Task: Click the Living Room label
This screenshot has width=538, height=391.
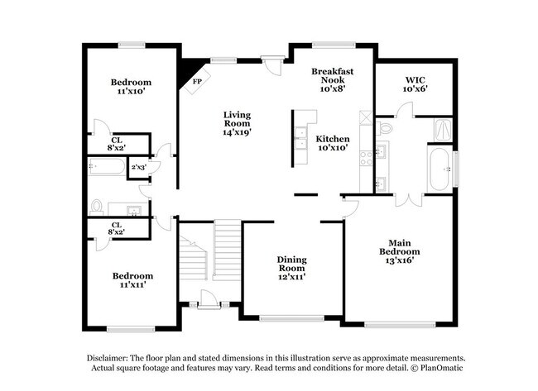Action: (236, 123)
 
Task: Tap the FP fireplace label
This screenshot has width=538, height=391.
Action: (197, 82)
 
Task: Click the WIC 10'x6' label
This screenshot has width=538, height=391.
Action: (415, 83)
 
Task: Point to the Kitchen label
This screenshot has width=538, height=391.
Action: (333, 143)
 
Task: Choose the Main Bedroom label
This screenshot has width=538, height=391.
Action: (399, 251)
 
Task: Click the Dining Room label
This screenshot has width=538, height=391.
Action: (291, 268)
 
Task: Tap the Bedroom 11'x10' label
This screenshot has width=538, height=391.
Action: (131, 87)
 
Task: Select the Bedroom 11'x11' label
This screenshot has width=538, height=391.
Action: (132, 280)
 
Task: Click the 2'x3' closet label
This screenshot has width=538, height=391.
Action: (138, 167)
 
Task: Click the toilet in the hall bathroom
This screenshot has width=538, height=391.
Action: (97, 206)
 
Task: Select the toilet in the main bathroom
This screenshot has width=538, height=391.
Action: (384, 128)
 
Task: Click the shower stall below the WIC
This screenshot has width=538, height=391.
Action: (442, 129)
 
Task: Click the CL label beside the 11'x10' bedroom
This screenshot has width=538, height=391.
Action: (118, 144)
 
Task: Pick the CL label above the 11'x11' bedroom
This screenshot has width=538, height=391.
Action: (117, 228)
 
